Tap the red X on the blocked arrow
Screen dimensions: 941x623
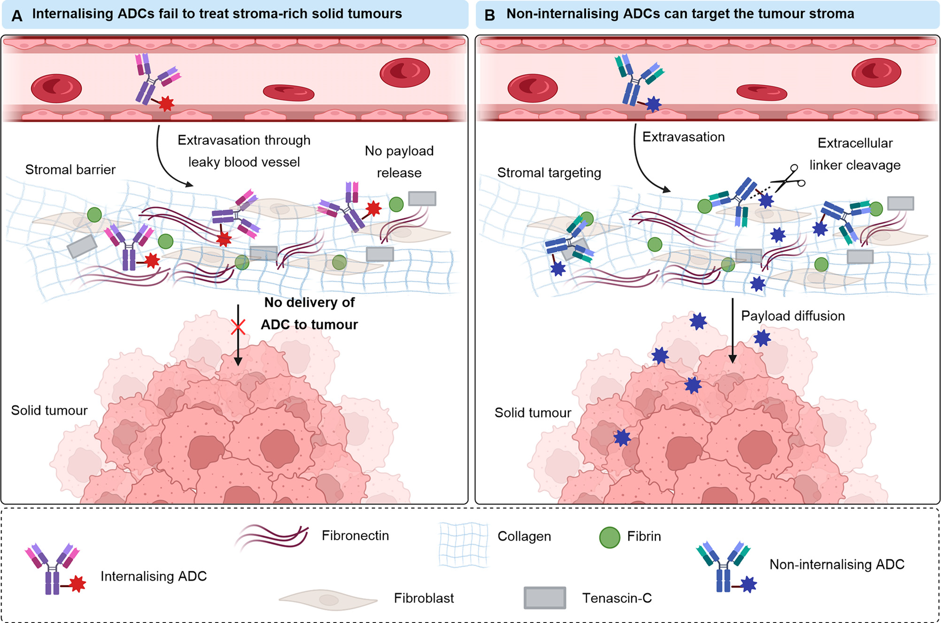238,327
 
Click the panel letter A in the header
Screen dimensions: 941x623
17,16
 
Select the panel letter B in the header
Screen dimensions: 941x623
490,16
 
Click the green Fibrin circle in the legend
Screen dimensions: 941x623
609,537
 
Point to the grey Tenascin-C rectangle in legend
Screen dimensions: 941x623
545,598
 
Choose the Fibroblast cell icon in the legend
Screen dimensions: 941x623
328,599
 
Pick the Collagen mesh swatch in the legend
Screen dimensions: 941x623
463,545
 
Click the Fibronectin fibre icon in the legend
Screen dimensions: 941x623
271,538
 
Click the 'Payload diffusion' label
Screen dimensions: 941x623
793,316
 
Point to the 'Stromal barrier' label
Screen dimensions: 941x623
70,170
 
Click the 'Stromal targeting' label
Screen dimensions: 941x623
549,173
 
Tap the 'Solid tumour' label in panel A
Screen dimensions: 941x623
49,411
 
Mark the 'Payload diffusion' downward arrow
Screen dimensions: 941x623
733,331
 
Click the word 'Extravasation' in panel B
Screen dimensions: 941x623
683,137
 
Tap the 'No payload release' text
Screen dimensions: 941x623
399,162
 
